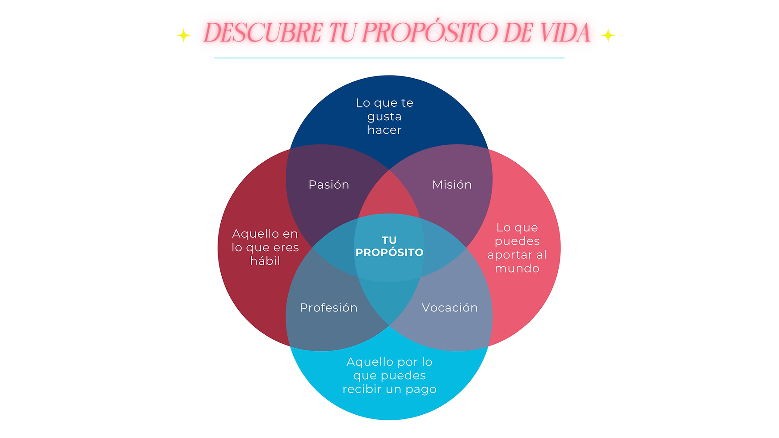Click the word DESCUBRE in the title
tap(262, 33)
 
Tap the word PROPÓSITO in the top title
tap(430, 33)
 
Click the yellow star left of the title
tap(183, 35)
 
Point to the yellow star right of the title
tap(608, 35)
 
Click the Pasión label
tap(328, 185)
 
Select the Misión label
tap(452, 185)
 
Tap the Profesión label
tap(328, 307)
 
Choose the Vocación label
tap(450, 307)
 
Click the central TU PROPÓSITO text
tap(389, 246)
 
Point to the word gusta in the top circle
tap(384, 117)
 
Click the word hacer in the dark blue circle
tap(384, 130)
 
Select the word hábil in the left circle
tap(265, 261)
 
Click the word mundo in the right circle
tap(517, 269)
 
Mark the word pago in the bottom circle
tap(421, 389)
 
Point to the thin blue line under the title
tap(389, 58)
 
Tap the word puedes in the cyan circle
tap(403, 375)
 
